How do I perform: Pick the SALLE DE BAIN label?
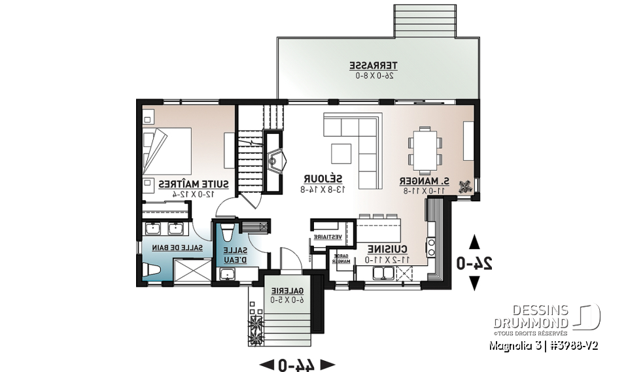coord(179,248)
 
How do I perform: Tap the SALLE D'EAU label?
coord(236,255)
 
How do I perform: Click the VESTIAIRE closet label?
coord(328,237)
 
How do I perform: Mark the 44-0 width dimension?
coord(297,364)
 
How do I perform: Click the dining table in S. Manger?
coord(425,148)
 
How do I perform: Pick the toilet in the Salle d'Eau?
coord(228,233)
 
